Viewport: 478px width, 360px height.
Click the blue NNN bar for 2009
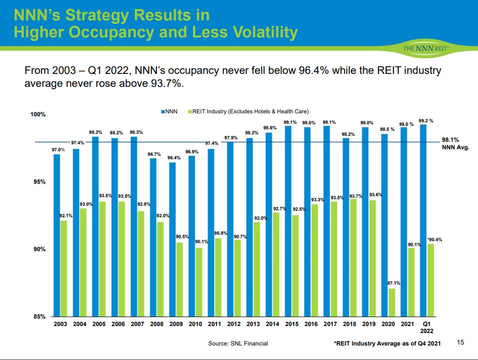[172, 239]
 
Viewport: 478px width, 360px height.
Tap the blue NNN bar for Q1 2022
[423, 220]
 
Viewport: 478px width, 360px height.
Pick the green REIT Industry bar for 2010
[199, 282]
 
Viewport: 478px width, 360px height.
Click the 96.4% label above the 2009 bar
[173, 157]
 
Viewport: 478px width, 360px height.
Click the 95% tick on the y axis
[38, 182]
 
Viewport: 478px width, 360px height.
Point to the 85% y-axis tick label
[38, 317]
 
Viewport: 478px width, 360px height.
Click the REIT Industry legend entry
[250, 111]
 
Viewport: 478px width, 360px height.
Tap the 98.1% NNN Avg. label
[455, 144]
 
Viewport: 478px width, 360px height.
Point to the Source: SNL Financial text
[238, 343]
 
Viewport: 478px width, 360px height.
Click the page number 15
[461, 342]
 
